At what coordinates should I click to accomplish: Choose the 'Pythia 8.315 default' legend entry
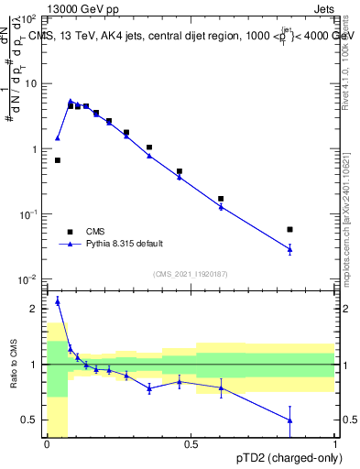pyautogui.click(x=125, y=244)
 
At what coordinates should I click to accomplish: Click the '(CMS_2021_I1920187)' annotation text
pyautogui.click(x=191, y=273)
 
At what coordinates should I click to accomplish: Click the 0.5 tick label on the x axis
pyautogui.click(x=191, y=444)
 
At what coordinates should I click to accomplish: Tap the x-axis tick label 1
pyautogui.click(x=335, y=444)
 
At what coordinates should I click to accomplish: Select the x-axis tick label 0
pyautogui.click(x=47, y=444)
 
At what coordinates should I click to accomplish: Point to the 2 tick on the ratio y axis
pyautogui.click(x=35, y=309)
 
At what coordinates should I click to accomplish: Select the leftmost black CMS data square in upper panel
pyautogui.click(x=57, y=160)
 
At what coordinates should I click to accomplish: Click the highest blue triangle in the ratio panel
pyautogui.click(x=57, y=300)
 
